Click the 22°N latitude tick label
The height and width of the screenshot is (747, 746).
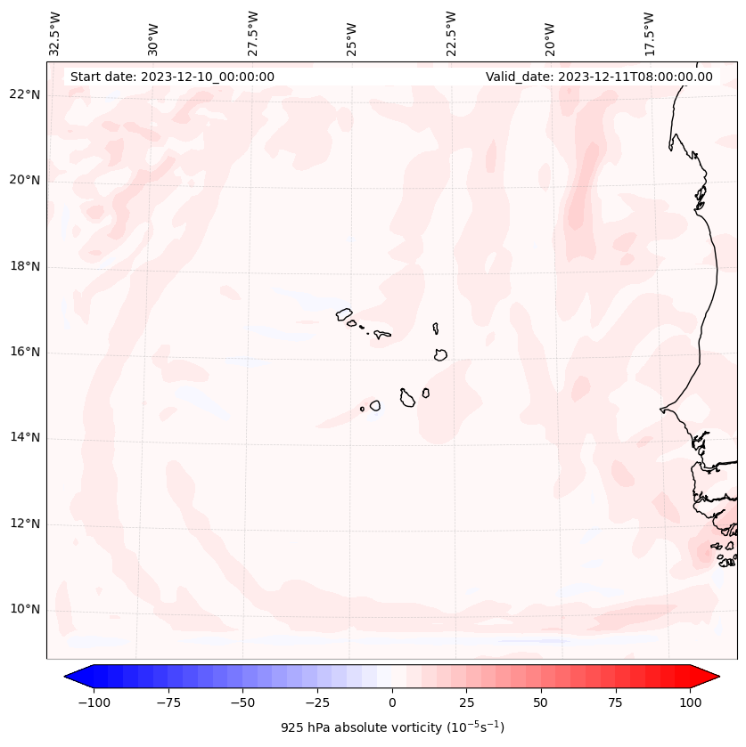coord(25,95)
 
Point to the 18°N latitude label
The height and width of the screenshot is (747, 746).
coord(25,266)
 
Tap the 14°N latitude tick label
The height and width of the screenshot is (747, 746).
coord(25,437)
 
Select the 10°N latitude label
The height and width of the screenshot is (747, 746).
coord(25,609)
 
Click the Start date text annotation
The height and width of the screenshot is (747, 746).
coord(172,77)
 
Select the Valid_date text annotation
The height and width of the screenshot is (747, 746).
coord(599,77)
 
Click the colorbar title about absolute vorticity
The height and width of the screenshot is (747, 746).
coord(392,727)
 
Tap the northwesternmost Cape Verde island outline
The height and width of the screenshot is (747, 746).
coord(344,313)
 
